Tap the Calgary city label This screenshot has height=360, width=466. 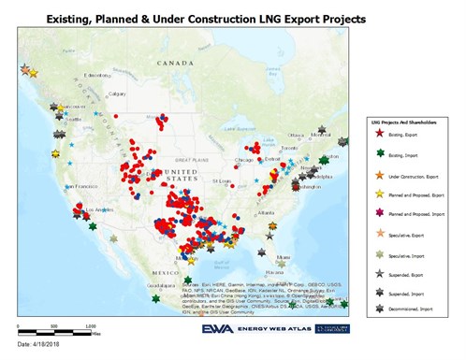click(117, 94)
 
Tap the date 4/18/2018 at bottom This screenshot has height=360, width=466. click(43, 347)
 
